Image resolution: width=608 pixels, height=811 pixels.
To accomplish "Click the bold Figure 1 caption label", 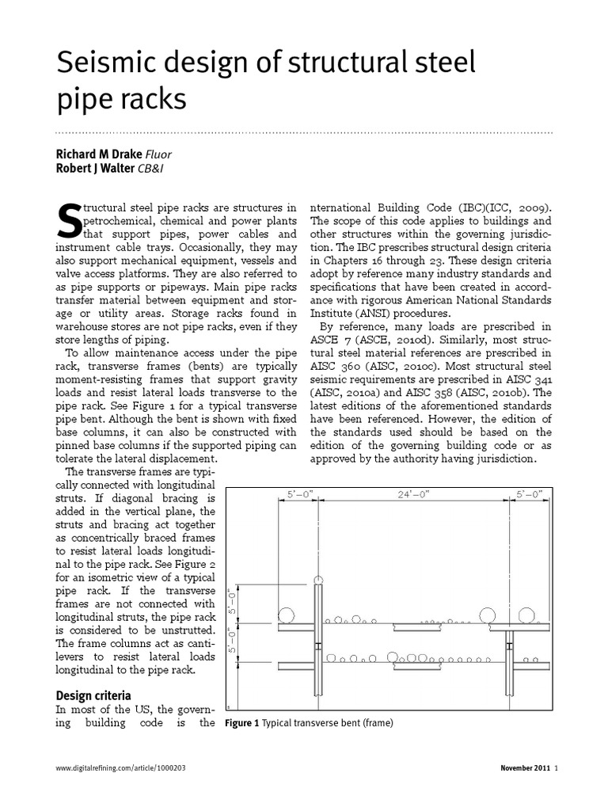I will point(242,723).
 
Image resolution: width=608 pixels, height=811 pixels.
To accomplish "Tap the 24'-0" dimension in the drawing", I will point(412,493).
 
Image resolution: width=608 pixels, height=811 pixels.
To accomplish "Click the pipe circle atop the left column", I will point(318,582).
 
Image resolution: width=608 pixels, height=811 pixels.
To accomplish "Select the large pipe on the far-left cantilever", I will point(286,615).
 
